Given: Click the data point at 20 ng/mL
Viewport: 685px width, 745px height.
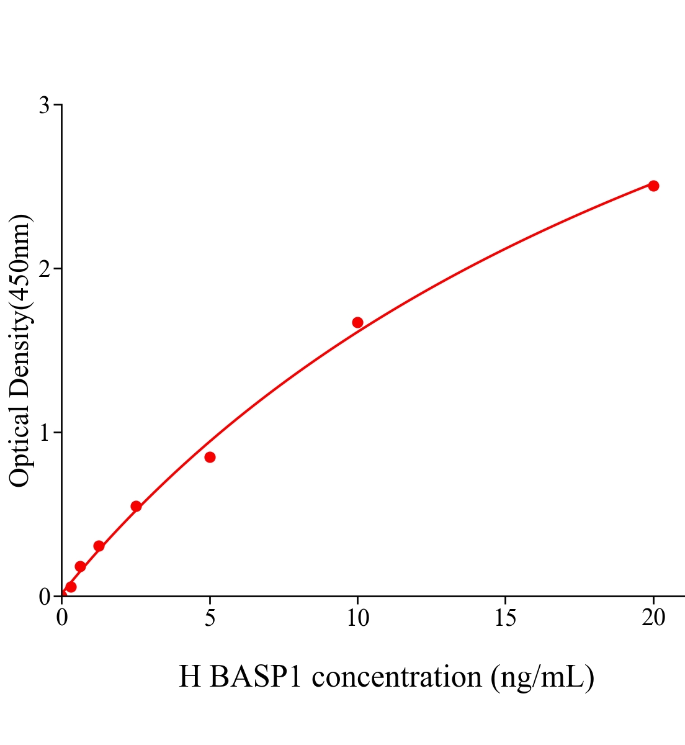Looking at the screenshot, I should coord(653,186).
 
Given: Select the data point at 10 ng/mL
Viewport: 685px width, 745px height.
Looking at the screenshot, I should coord(357,322).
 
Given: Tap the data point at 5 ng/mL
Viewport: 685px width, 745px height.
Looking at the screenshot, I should coord(210,457).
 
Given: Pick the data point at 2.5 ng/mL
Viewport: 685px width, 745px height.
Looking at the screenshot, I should coord(136,506).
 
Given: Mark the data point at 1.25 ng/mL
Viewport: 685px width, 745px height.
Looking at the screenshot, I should coord(99,546).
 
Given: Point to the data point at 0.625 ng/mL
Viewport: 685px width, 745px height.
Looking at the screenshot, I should coord(80,566).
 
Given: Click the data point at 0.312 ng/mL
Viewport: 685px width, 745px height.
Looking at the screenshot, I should coord(71,587).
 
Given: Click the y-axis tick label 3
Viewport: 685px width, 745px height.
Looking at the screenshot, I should coord(44,106).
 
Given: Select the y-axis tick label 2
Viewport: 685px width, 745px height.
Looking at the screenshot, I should coord(44,269).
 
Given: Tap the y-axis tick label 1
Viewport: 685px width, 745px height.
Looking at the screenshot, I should coord(44,432).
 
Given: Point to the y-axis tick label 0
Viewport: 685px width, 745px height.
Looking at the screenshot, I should coord(44,597).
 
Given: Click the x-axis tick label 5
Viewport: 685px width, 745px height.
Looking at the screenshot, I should coord(210,618).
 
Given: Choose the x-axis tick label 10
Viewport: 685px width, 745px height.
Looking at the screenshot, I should coord(357,618).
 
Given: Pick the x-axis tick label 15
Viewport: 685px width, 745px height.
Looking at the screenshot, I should coord(506,618).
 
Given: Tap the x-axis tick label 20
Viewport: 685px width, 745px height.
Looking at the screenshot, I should coord(653,618).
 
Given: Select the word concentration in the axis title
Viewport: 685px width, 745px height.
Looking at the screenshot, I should coord(396,676).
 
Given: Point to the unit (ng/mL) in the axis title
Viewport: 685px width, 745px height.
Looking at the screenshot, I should coord(542,677).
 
